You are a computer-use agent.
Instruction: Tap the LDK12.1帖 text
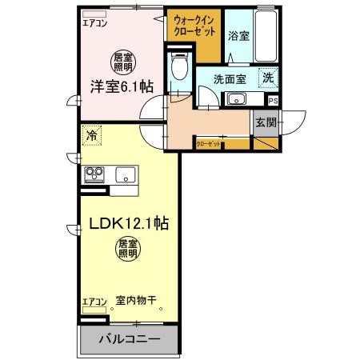point(127,225)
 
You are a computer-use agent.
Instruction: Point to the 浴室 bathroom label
point(238,35)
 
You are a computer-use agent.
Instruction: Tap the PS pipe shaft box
point(273,101)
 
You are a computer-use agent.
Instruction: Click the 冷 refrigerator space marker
point(92,137)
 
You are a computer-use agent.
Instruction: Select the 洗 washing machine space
point(269,78)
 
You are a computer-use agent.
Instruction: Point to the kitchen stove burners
point(94,174)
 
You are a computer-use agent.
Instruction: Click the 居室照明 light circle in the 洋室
point(122,61)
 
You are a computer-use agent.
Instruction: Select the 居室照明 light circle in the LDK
point(128,248)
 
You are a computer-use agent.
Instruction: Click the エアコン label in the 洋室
point(94,23)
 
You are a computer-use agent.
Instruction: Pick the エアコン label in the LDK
point(94,302)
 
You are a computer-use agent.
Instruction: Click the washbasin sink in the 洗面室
point(235,98)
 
